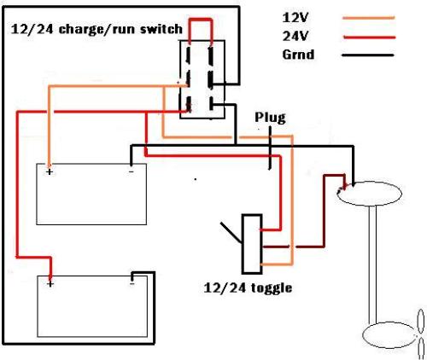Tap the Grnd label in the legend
pyautogui.click(x=298, y=55)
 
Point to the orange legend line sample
pyautogui.click(x=369, y=18)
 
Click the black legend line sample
pyautogui.click(x=367, y=55)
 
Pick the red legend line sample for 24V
pyautogui.click(x=370, y=38)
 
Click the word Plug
pyautogui.click(x=270, y=118)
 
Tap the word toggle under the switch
pyautogui.click(x=272, y=288)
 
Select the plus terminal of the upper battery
pyautogui.click(x=50, y=171)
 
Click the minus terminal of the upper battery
pyautogui.click(x=131, y=171)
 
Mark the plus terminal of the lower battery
pyautogui.click(x=50, y=284)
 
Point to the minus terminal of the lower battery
pyautogui.click(x=132, y=283)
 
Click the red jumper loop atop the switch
pyautogui.click(x=201, y=20)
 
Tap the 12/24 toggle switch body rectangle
pyautogui.click(x=252, y=244)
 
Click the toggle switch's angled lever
pyautogui.click(x=231, y=233)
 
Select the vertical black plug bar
pyautogui.click(x=270, y=148)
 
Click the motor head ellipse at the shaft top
pyautogui.click(x=370, y=194)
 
